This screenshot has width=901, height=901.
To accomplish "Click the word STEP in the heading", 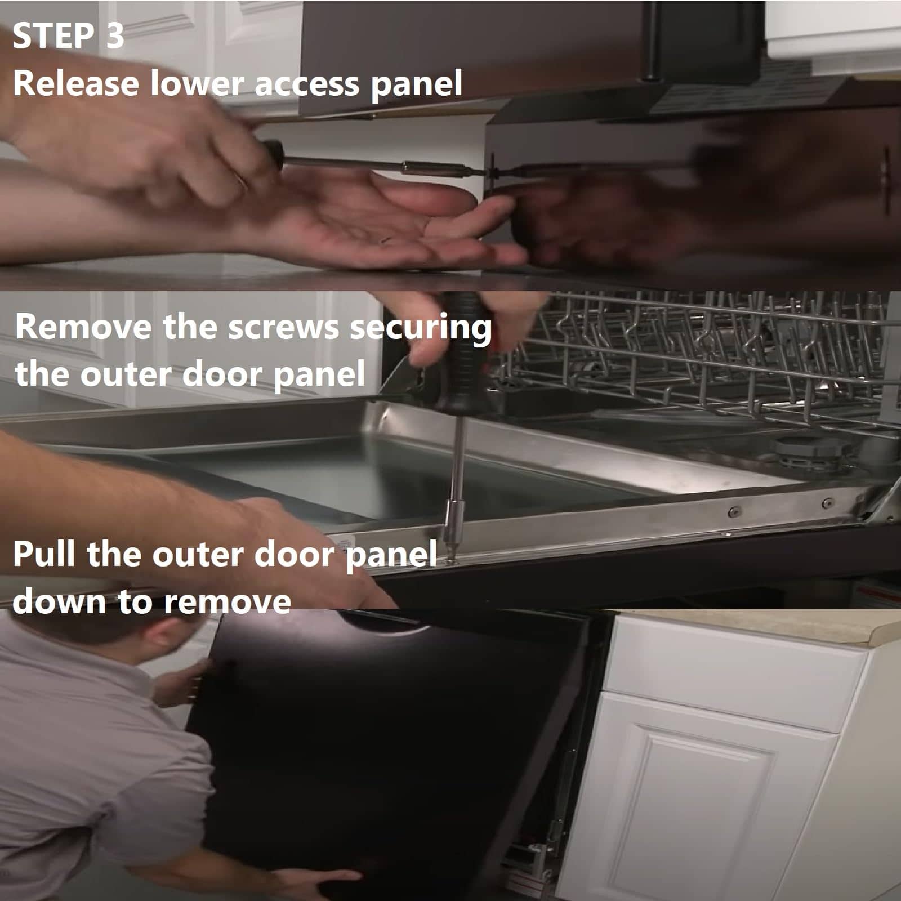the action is [x=54, y=37].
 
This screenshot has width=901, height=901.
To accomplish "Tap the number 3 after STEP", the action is [x=114, y=37].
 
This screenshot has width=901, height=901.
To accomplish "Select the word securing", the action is [x=421, y=329].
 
